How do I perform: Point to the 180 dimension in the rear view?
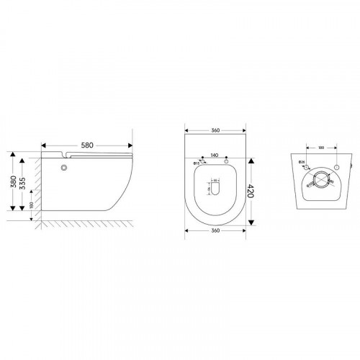(322, 149)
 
